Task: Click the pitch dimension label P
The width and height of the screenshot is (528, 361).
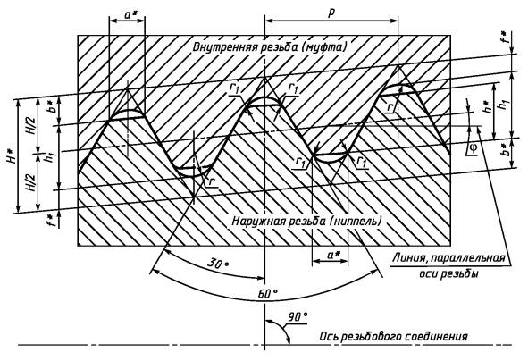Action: coord(331,13)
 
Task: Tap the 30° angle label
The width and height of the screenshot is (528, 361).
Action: coord(217,263)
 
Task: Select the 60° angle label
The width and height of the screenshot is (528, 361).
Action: coord(268,294)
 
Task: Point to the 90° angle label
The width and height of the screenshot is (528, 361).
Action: coord(298,317)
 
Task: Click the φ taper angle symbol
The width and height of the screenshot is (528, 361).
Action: coord(474,147)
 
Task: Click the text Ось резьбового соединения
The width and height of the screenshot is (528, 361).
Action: coord(393,336)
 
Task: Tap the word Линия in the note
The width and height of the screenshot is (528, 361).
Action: coord(410,258)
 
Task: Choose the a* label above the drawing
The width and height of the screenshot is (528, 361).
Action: coord(129,14)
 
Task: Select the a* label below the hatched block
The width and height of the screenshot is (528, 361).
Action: coord(334,255)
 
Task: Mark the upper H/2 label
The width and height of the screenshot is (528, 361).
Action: coord(31,126)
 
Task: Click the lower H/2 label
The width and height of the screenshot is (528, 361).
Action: coord(31,182)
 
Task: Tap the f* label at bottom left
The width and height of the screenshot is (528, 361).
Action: coord(51,220)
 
